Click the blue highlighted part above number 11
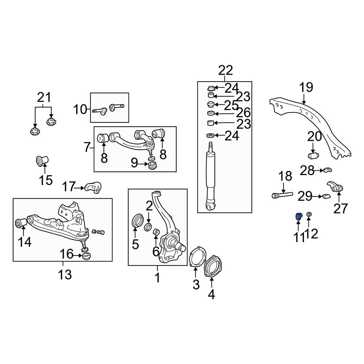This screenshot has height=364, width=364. point(298,217)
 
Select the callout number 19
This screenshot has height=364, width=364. point(306,88)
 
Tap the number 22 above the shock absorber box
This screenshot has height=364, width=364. point(225,70)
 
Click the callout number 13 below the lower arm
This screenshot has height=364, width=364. point(65,274)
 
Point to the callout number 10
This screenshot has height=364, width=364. point(81,109)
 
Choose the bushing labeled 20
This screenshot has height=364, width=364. point(313,156)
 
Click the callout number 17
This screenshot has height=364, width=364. point(68,187)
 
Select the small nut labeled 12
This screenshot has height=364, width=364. point(309,214)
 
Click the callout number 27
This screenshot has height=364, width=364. point(341,209)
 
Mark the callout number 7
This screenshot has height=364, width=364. point(87,147)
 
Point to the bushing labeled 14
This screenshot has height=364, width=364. point(21,222)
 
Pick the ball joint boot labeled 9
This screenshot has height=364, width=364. point(153,166)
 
